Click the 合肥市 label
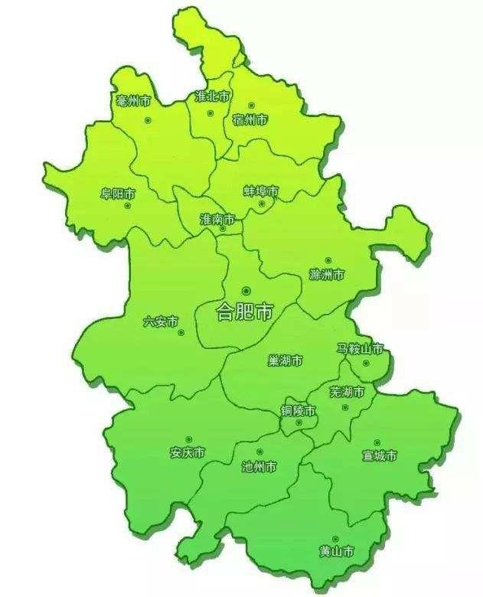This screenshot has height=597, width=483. [244, 312]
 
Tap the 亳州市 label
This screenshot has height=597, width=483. [133, 101]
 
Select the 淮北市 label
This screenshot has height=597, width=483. [213, 97]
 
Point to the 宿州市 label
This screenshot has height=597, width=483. [250, 119]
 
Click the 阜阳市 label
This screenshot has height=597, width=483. [118, 194]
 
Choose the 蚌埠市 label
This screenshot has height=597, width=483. [261, 191]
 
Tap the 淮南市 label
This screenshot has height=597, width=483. [217, 219]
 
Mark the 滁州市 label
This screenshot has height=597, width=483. [327, 274]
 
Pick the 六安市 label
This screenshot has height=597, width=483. [161, 321]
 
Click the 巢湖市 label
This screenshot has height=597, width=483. [286, 360]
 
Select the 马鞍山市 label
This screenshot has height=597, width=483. [361, 348]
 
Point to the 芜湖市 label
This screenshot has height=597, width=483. [348, 392]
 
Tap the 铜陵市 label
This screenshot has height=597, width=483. [298, 411]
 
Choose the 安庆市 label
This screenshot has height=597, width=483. [188, 452]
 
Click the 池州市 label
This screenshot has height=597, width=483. [259, 466]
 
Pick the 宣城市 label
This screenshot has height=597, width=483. [380, 456]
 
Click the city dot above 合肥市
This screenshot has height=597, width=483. [246, 291]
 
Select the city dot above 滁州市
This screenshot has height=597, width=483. [328, 260]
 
